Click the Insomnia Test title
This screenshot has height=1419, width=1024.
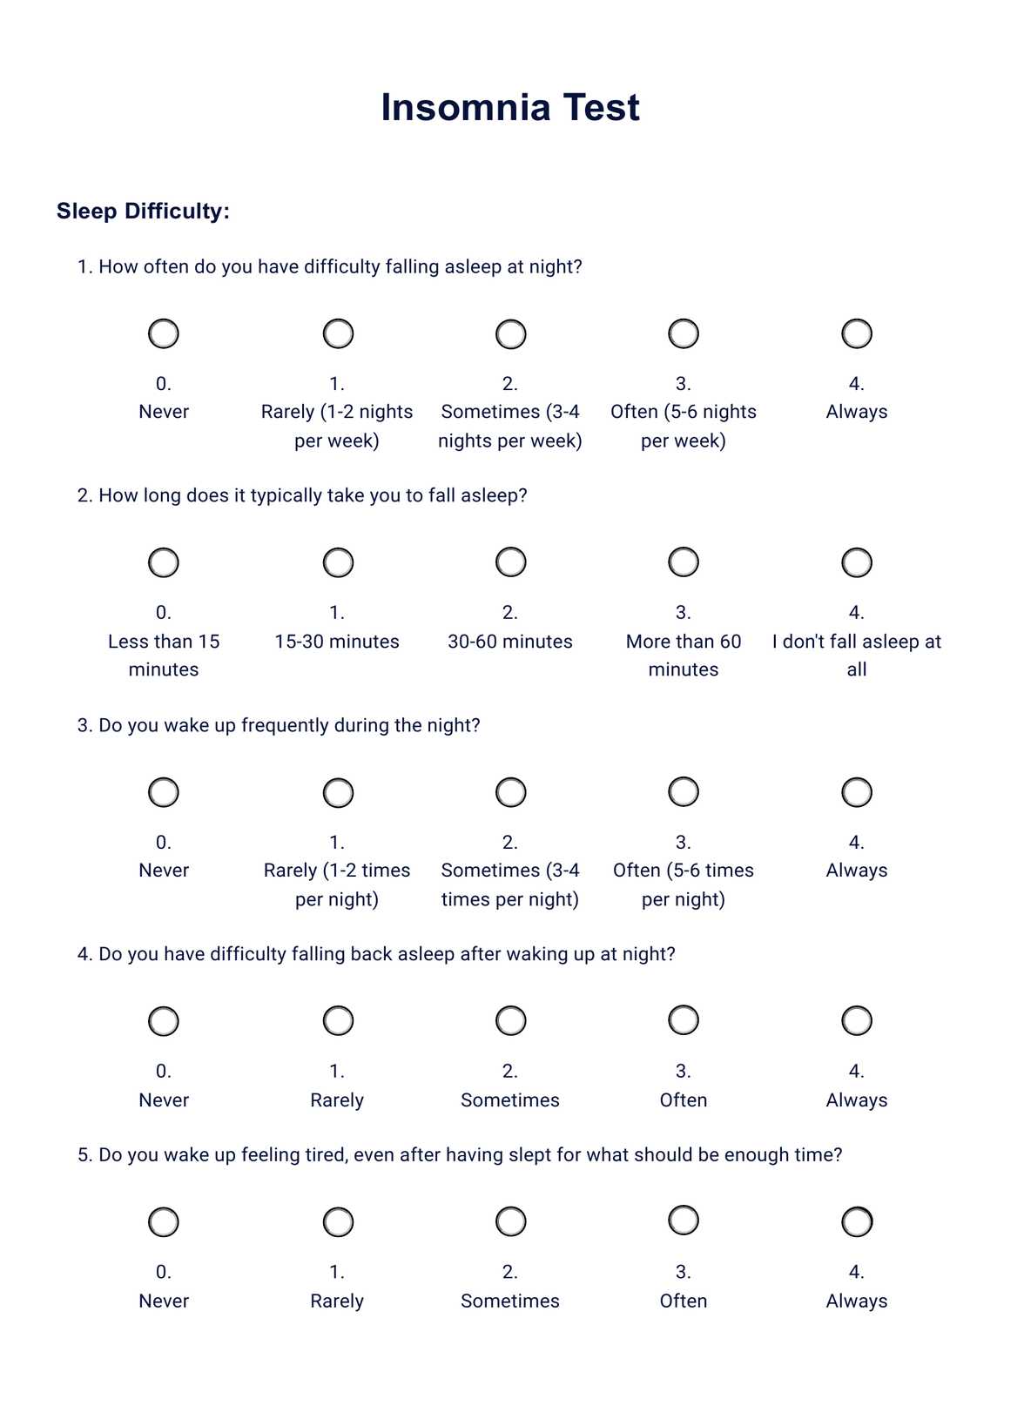510,108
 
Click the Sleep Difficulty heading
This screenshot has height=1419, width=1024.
143,212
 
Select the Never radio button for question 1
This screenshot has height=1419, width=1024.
164,333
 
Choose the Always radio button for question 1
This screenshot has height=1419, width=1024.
857,333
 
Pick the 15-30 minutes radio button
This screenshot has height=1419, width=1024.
338,562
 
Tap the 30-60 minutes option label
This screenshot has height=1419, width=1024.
510,642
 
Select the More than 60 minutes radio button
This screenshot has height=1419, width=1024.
684,562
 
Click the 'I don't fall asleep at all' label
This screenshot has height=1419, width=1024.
857,655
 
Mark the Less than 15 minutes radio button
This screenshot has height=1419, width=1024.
164,562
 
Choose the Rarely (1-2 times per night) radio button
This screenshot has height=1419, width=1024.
338,792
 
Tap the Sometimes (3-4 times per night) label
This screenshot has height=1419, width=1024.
510,884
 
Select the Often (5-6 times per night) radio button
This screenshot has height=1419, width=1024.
684,792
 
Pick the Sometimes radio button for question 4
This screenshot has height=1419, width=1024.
510,1020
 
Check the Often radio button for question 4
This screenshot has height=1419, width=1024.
684,1020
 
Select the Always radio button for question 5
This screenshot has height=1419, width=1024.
857,1221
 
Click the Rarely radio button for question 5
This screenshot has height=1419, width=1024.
338,1221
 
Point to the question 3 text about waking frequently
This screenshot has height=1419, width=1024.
279,725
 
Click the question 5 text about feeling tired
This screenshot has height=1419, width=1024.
460,1155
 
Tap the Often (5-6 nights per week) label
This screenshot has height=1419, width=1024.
684,426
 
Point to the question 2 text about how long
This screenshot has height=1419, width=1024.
302,496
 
